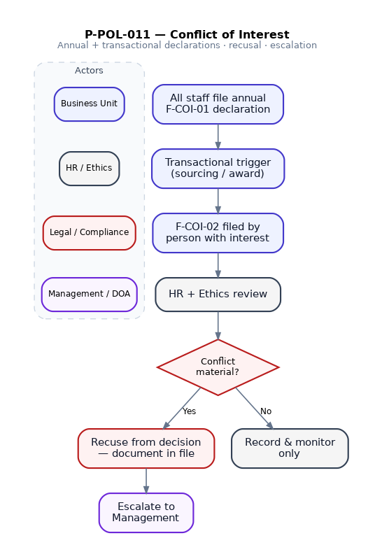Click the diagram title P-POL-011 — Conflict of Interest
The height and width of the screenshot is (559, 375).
187,34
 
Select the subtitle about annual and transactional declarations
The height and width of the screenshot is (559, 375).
187,45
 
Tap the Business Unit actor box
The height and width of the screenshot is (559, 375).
89,104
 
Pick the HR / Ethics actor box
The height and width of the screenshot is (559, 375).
89,169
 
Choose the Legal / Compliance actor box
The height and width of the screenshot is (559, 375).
89,233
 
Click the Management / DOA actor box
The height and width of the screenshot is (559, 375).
89,295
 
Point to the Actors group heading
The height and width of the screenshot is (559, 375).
89,71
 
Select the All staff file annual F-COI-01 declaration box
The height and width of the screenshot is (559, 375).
218,104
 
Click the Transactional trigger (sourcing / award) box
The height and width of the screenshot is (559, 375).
218,169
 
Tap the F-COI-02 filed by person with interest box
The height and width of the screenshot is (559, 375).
218,233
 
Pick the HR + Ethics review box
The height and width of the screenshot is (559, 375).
218,295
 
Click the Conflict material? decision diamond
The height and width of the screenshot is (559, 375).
218,367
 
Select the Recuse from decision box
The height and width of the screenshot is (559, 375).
146,448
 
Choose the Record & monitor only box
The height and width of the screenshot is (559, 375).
290,448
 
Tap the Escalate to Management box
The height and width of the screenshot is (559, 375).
146,513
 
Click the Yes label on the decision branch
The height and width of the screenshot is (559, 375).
190,411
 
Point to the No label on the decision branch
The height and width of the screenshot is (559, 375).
266,411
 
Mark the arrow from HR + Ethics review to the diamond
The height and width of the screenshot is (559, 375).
218,325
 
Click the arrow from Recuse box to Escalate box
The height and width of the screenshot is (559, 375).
146,481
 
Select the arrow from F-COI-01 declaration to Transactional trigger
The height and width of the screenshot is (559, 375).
218,136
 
